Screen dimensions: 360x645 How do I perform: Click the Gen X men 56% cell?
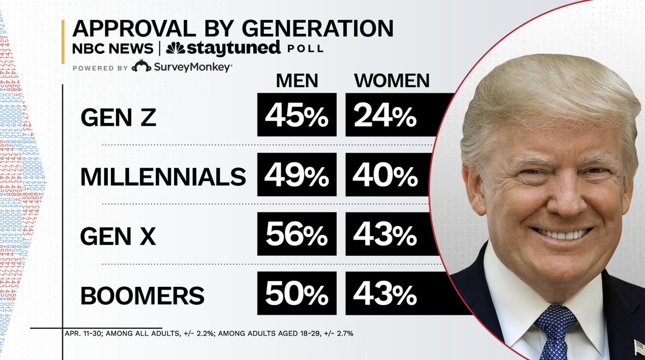(x=297, y=235)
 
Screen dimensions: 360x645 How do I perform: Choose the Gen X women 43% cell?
(x=385, y=235)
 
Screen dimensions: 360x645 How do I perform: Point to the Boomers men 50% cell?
(x=297, y=294)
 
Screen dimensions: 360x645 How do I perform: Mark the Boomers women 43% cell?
(x=385, y=294)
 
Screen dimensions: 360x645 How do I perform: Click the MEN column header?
(x=297, y=81)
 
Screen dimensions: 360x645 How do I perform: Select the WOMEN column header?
(x=392, y=81)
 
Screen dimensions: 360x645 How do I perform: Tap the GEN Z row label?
(x=119, y=117)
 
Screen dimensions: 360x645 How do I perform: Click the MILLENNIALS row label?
(x=163, y=176)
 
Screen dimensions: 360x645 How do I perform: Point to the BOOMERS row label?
(x=142, y=294)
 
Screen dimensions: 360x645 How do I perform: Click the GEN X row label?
(x=119, y=235)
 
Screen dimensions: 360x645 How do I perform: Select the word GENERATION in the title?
(x=311, y=28)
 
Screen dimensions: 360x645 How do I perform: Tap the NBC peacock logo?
(x=175, y=48)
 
